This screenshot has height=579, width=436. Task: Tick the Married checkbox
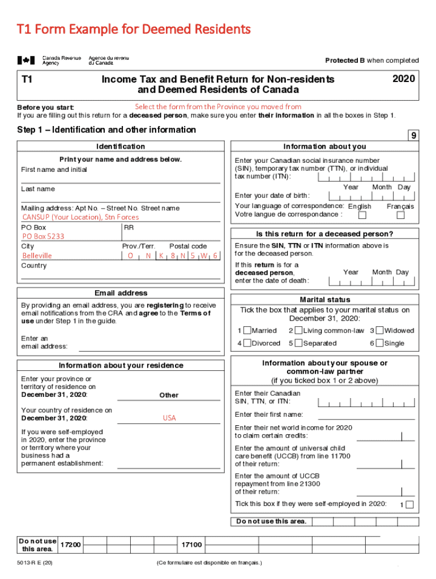(247, 331)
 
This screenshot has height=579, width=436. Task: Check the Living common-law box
(298, 331)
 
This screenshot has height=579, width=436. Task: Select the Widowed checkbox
(380, 331)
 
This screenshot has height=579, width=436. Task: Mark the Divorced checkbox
(247, 343)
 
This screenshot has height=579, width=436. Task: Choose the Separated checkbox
(298, 343)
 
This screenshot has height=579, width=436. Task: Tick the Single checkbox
(380, 343)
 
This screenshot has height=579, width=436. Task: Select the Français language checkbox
(400, 215)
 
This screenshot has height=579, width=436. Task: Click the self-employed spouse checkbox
(410, 504)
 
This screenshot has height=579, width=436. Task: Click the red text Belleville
(37, 256)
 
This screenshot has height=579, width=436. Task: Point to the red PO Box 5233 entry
(43, 236)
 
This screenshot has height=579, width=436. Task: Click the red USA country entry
(169, 418)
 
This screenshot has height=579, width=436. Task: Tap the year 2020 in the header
(404, 79)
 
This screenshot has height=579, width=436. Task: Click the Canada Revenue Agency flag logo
(25, 60)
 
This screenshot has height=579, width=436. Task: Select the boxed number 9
(414, 136)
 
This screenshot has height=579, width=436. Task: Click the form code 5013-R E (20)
(36, 563)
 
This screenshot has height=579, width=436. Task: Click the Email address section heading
(121, 293)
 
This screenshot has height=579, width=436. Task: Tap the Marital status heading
(325, 300)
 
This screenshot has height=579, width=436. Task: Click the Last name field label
(38, 189)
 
